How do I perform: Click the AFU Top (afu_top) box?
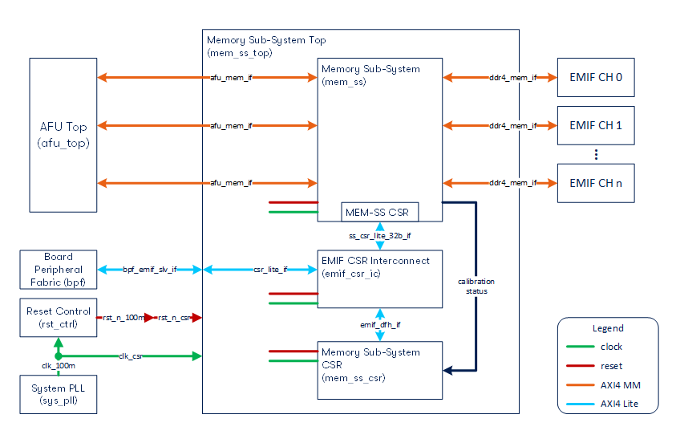click(63, 135)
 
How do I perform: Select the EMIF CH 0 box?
click(596, 78)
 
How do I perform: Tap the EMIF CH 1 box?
click(596, 126)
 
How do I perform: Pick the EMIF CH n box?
click(596, 183)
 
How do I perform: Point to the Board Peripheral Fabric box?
click(59, 270)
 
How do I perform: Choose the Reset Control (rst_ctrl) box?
click(59, 318)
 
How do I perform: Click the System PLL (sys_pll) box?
click(59, 393)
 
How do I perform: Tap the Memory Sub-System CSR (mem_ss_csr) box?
click(379, 369)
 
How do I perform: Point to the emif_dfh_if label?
click(379, 324)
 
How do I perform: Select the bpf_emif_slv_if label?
click(150, 270)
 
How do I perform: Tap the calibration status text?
click(476, 286)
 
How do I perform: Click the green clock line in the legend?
click(580, 347)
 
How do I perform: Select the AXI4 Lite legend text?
click(621, 404)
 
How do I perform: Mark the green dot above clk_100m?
click(58, 356)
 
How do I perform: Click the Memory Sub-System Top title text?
click(266, 40)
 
